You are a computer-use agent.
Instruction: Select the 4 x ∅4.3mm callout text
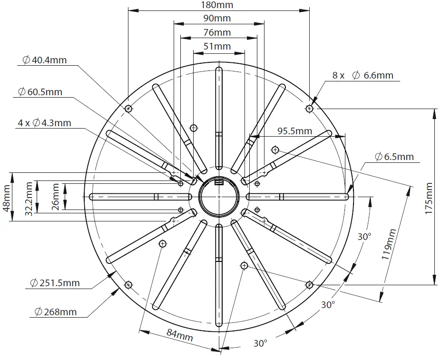coord(44,123)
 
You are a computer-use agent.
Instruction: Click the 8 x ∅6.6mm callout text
coord(363,75)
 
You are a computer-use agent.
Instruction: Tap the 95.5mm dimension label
coord(295,131)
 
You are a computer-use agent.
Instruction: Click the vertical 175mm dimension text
coord(430,198)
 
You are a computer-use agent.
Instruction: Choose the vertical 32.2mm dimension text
coord(29,197)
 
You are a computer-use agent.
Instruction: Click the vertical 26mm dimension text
coord(56,197)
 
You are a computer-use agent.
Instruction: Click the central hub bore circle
coord(218,196)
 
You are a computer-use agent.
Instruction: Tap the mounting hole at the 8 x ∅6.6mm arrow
coord(309,109)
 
